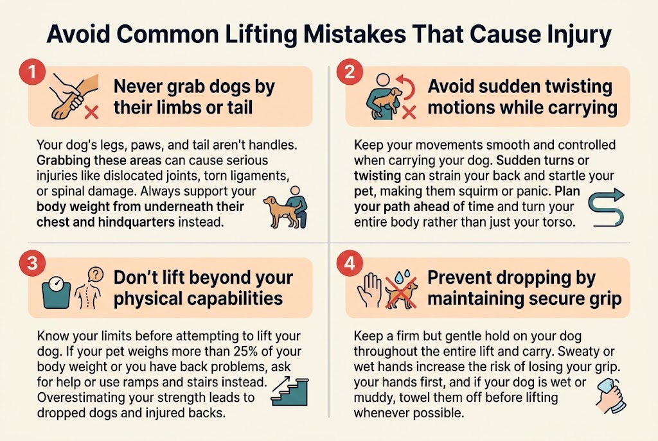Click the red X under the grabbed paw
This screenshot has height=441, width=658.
(91, 113)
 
